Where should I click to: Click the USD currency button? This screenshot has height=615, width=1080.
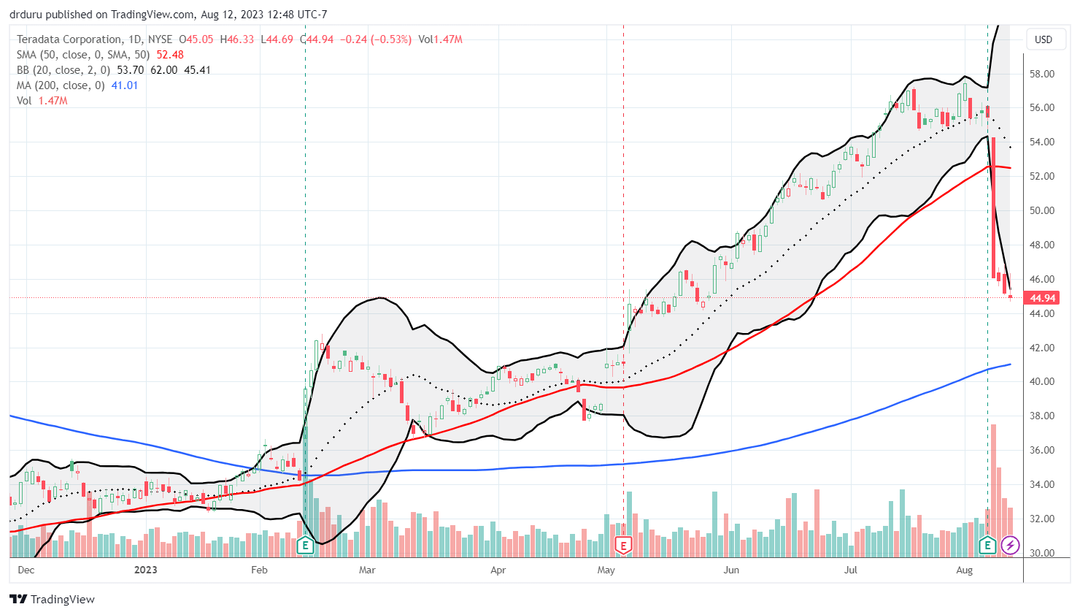(x=1044, y=39)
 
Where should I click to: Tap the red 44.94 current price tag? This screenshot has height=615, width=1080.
(x=1043, y=298)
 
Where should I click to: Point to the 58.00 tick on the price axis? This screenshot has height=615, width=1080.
(x=1041, y=74)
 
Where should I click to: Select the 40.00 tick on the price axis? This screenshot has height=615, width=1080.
(x=1041, y=381)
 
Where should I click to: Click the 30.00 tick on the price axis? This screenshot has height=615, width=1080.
(x=1041, y=553)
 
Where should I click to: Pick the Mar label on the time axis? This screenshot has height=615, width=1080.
(x=367, y=570)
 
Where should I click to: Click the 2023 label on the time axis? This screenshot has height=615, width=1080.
(x=146, y=570)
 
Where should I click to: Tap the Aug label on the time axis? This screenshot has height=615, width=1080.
(x=964, y=570)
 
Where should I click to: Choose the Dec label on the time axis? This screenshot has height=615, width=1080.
(x=26, y=570)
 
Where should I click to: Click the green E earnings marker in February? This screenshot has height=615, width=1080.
(x=305, y=545)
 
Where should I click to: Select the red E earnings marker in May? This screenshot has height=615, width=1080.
(x=623, y=545)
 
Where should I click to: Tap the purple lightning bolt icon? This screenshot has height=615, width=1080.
(x=1010, y=545)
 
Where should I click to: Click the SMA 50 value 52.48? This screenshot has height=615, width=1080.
(x=169, y=55)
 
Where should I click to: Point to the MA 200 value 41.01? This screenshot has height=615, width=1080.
(x=125, y=85)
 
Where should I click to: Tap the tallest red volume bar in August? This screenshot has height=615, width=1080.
(x=993, y=489)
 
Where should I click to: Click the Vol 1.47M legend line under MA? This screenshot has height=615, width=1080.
(x=42, y=101)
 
